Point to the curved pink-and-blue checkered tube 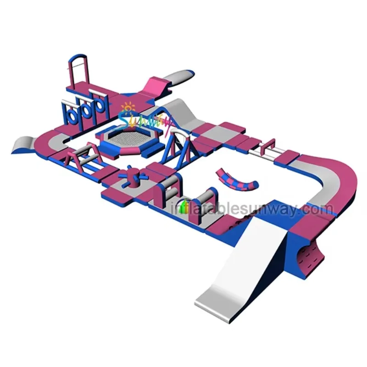(236, 180)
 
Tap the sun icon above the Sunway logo (128, 108)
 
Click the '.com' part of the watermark (319, 209)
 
